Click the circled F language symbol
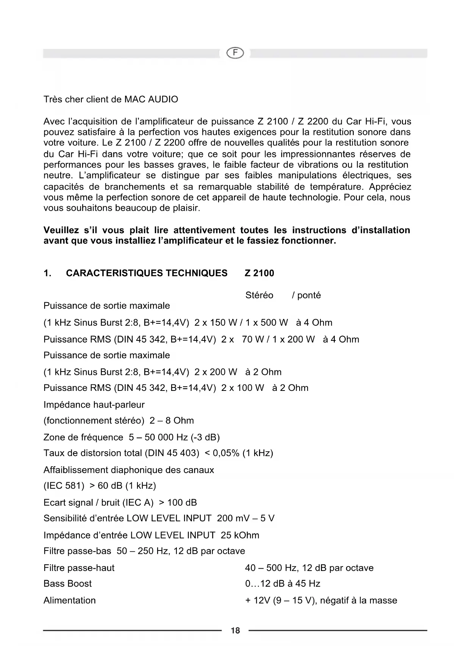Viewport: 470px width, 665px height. click(x=235, y=53)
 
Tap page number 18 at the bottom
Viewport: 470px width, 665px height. click(x=235, y=630)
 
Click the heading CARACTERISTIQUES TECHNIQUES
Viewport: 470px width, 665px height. click(x=147, y=273)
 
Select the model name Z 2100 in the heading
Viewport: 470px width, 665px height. click(x=259, y=273)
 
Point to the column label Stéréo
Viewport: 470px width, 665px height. click(x=259, y=295)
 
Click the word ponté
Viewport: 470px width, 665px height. click(x=309, y=295)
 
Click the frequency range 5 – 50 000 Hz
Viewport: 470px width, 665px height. click(x=158, y=437)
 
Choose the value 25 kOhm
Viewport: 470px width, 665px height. click(x=240, y=535)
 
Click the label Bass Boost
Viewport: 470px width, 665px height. click(x=67, y=583)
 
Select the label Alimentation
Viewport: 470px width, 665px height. click(x=70, y=600)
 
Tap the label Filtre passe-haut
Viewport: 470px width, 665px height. click(x=79, y=568)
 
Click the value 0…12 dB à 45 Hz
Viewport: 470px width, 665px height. click(x=283, y=583)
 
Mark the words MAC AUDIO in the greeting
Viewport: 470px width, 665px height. click(x=151, y=99)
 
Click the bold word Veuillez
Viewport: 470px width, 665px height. click(x=61, y=230)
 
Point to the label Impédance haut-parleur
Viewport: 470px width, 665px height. click(x=94, y=405)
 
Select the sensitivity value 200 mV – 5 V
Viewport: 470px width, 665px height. click(x=246, y=518)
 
